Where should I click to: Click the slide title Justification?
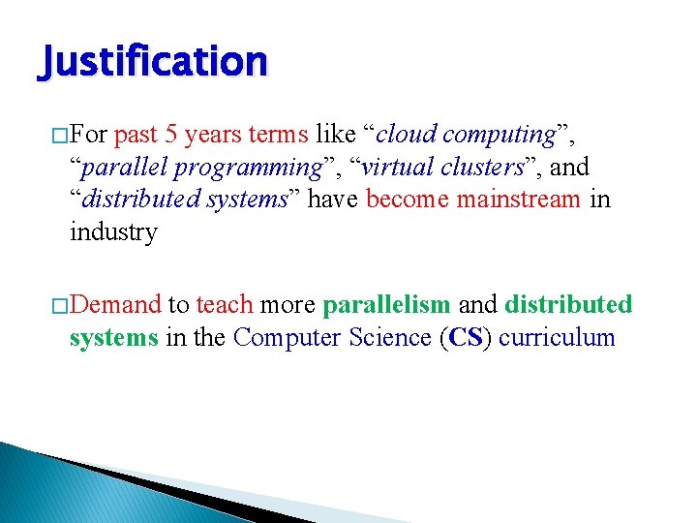coord(153,62)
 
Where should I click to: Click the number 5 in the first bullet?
coord(170,134)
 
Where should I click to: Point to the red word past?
coord(137,134)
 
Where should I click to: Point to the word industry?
coord(113,232)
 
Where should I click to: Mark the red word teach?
coord(225,305)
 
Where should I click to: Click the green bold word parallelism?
coord(386,305)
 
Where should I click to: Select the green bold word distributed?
coord(568,305)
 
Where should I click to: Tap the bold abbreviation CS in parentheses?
coord(468,338)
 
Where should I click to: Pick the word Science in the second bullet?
coord(379,338)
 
